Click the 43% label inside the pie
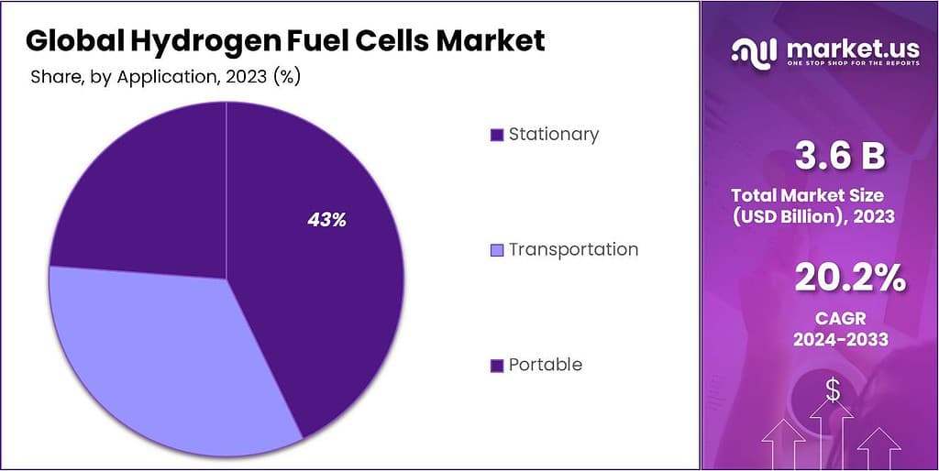[326, 220]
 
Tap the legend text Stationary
[554, 135]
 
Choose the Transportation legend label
[573, 249]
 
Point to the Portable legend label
[546, 365]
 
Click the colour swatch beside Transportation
[497, 250]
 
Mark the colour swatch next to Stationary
[497, 136]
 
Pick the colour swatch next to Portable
[497, 366]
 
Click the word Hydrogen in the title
[188, 40]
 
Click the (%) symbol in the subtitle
[287, 78]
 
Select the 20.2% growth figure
[850, 278]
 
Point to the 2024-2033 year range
[841, 341]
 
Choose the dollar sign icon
[833, 391]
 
